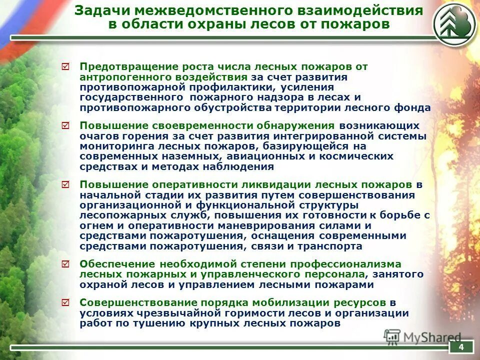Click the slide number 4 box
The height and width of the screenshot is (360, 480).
click(x=461, y=347)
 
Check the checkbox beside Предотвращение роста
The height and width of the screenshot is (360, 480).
click(x=65, y=66)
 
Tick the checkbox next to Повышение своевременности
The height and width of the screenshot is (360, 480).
click(x=65, y=125)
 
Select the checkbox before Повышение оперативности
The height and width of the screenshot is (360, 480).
click(x=65, y=184)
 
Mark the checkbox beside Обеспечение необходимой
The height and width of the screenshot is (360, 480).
click(x=65, y=263)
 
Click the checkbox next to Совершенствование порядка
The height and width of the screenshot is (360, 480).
click(x=65, y=302)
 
